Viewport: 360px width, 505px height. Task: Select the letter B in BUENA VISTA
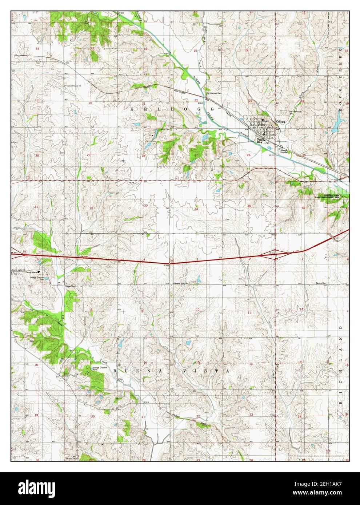point(115,371)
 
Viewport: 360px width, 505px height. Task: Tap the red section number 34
point(196,209)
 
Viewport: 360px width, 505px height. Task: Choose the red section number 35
point(249,206)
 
